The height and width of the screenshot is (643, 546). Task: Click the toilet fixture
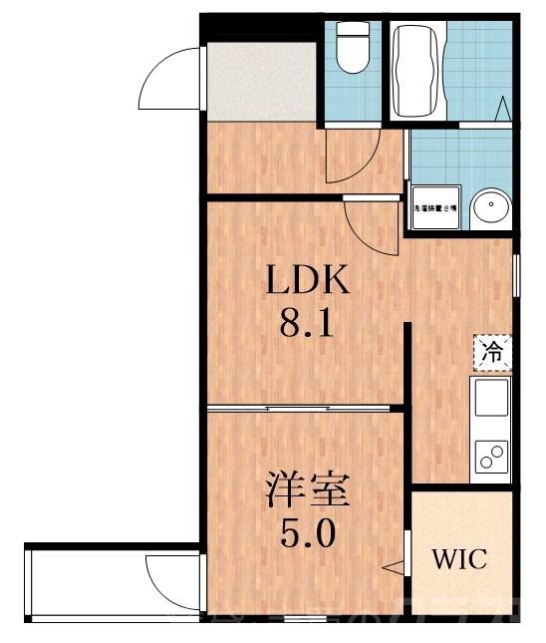[351, 50]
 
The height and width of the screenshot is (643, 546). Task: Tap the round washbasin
[490, 208]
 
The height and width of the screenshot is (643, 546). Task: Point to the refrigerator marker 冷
[492, 350]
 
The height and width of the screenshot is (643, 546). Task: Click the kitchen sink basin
[490, 400]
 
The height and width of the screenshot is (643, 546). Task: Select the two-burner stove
[490, 456]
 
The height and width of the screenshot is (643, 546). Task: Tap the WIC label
[459, 558]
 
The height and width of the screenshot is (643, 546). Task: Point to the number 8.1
[307, 326]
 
